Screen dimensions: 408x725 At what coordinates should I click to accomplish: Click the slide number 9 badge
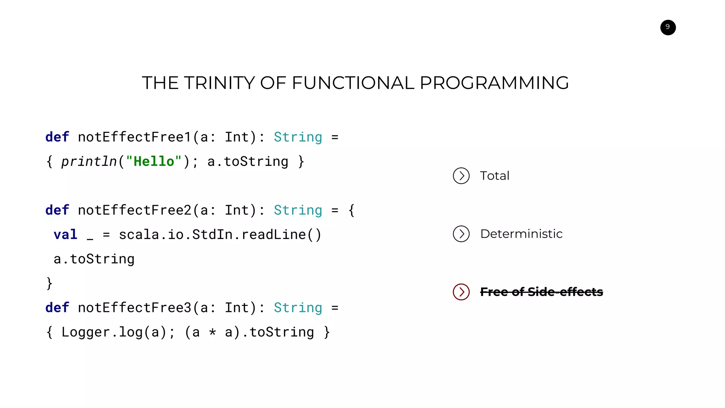coord(668,27)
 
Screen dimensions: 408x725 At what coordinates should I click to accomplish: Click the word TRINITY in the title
coord(219,83)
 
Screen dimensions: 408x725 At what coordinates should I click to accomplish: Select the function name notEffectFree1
coord(135,137)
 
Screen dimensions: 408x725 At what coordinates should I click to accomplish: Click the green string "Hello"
coord(154,161)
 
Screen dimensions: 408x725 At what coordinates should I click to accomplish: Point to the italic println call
coord(89,162)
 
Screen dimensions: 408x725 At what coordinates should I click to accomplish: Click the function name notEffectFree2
coord(135,210)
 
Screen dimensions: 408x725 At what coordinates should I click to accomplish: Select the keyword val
coord(65,235)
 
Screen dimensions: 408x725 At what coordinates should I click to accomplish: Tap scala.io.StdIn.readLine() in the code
coord(220,235)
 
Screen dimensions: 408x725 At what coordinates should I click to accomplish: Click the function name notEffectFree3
coord(135,308)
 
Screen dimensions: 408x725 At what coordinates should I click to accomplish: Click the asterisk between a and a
coord(212,333)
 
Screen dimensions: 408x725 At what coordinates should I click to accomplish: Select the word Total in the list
coord(494,176)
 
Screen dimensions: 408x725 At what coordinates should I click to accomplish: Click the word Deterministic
coord(521,234)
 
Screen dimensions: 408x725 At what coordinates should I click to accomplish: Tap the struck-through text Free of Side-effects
coord(541,292)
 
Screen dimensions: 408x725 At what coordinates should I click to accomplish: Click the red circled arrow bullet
coord(461,292)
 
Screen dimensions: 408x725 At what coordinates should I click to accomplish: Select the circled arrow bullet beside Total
coord(461,176)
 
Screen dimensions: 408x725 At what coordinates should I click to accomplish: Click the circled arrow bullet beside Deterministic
coord(461,234)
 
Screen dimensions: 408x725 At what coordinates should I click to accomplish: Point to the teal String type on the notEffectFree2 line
coord(298,210)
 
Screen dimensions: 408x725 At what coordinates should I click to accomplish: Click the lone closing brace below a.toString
coord(49,283)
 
